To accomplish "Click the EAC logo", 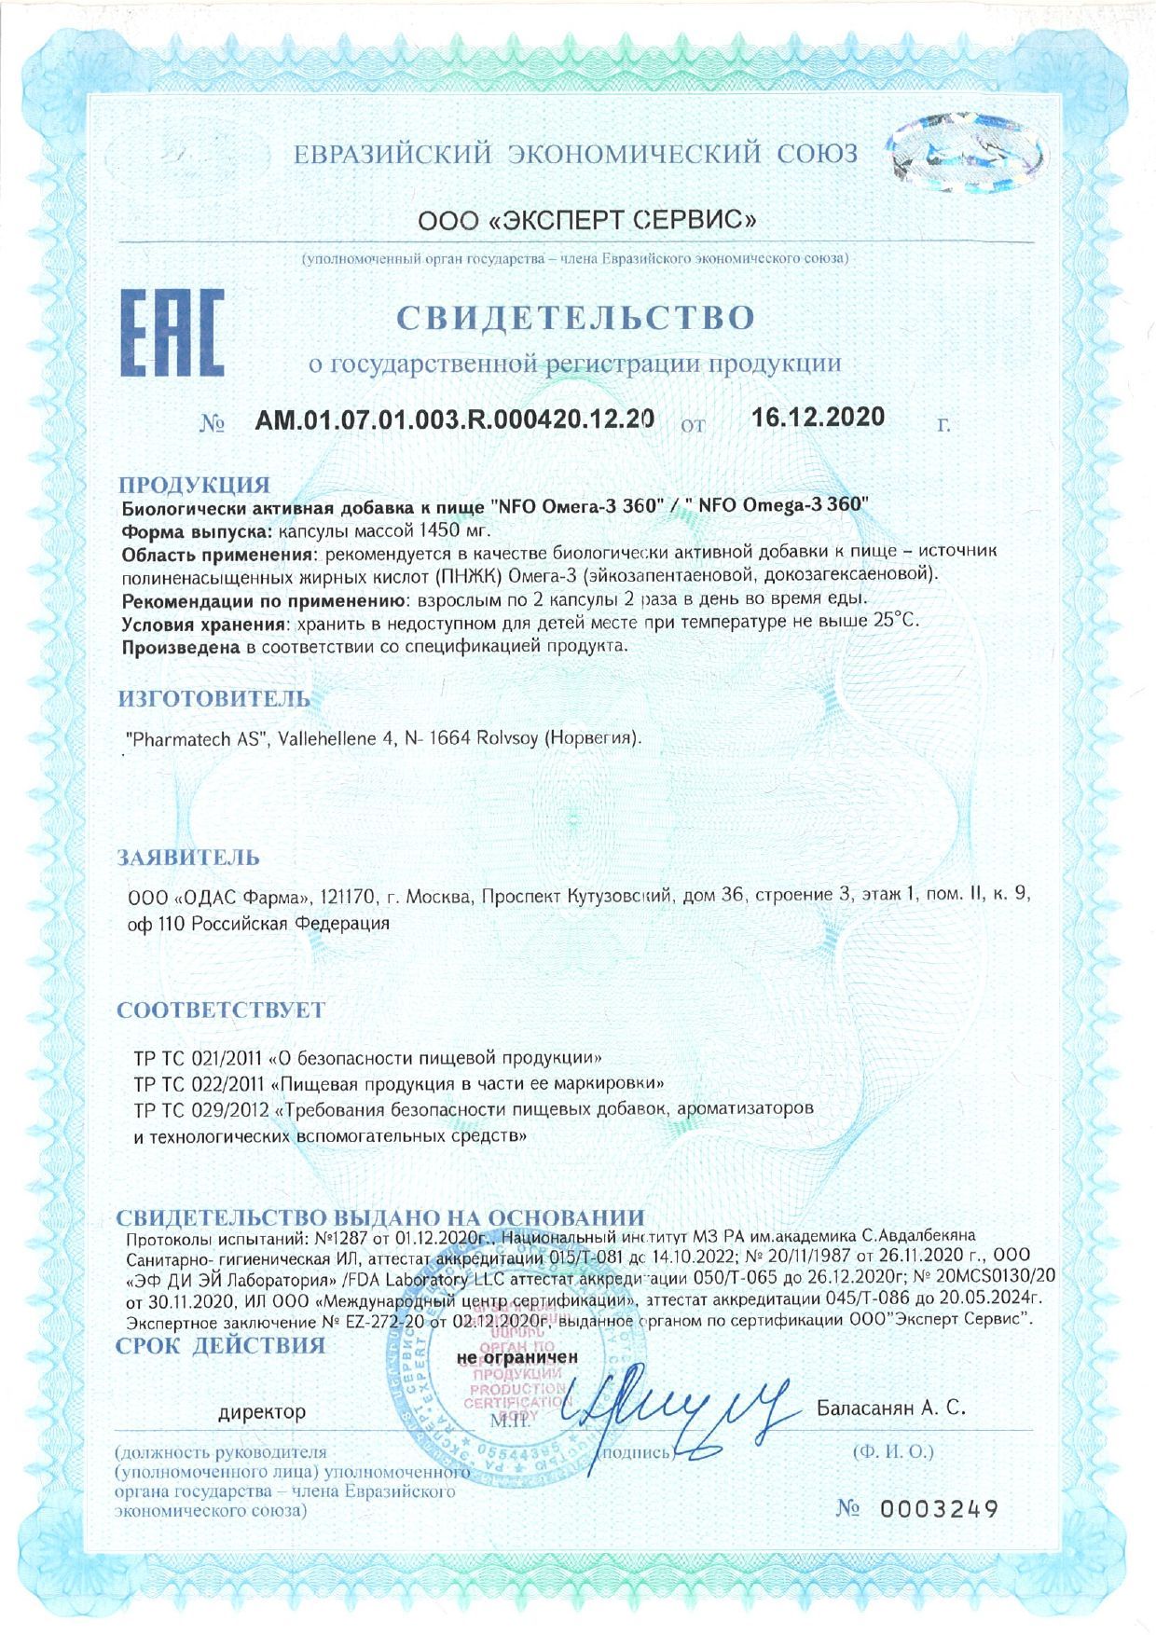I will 172,332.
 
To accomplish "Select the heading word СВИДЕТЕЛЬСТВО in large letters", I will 575,318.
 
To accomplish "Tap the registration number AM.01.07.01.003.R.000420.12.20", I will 454,419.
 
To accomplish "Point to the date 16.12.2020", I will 818,417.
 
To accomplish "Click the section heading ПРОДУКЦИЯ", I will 194,485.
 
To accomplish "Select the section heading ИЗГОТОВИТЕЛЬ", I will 213,698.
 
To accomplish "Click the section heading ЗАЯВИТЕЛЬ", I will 188,858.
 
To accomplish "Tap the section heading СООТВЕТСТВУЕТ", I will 221,1010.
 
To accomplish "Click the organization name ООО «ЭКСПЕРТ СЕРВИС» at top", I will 586,220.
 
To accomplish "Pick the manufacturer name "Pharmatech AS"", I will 198,738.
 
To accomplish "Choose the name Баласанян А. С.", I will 890,1408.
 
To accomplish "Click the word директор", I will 262,1412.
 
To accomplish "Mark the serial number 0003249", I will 939,1508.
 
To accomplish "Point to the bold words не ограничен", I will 517,1357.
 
